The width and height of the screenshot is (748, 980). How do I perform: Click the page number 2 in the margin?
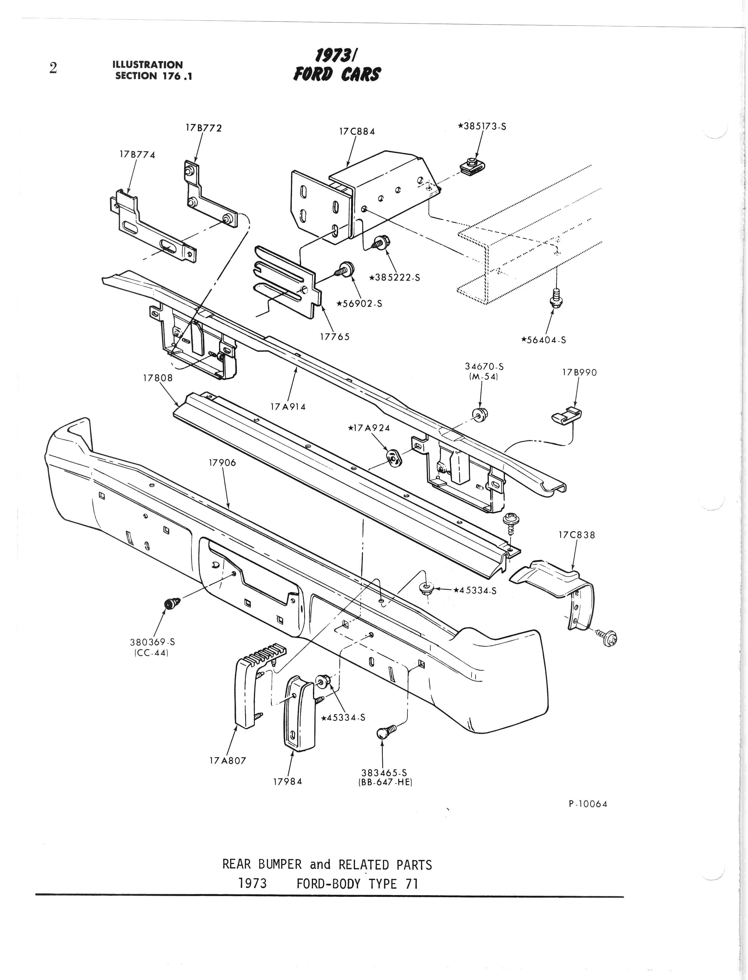[x=53, y=68]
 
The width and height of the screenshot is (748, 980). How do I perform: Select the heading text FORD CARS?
[x=337, y=74]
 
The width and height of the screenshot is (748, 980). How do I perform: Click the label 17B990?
[x=579, y=373]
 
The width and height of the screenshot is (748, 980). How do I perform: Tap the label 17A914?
[x=288, y=407]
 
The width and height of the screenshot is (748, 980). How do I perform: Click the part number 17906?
[x=222, y=463]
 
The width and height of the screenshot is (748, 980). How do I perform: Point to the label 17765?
[x=335, y=337]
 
